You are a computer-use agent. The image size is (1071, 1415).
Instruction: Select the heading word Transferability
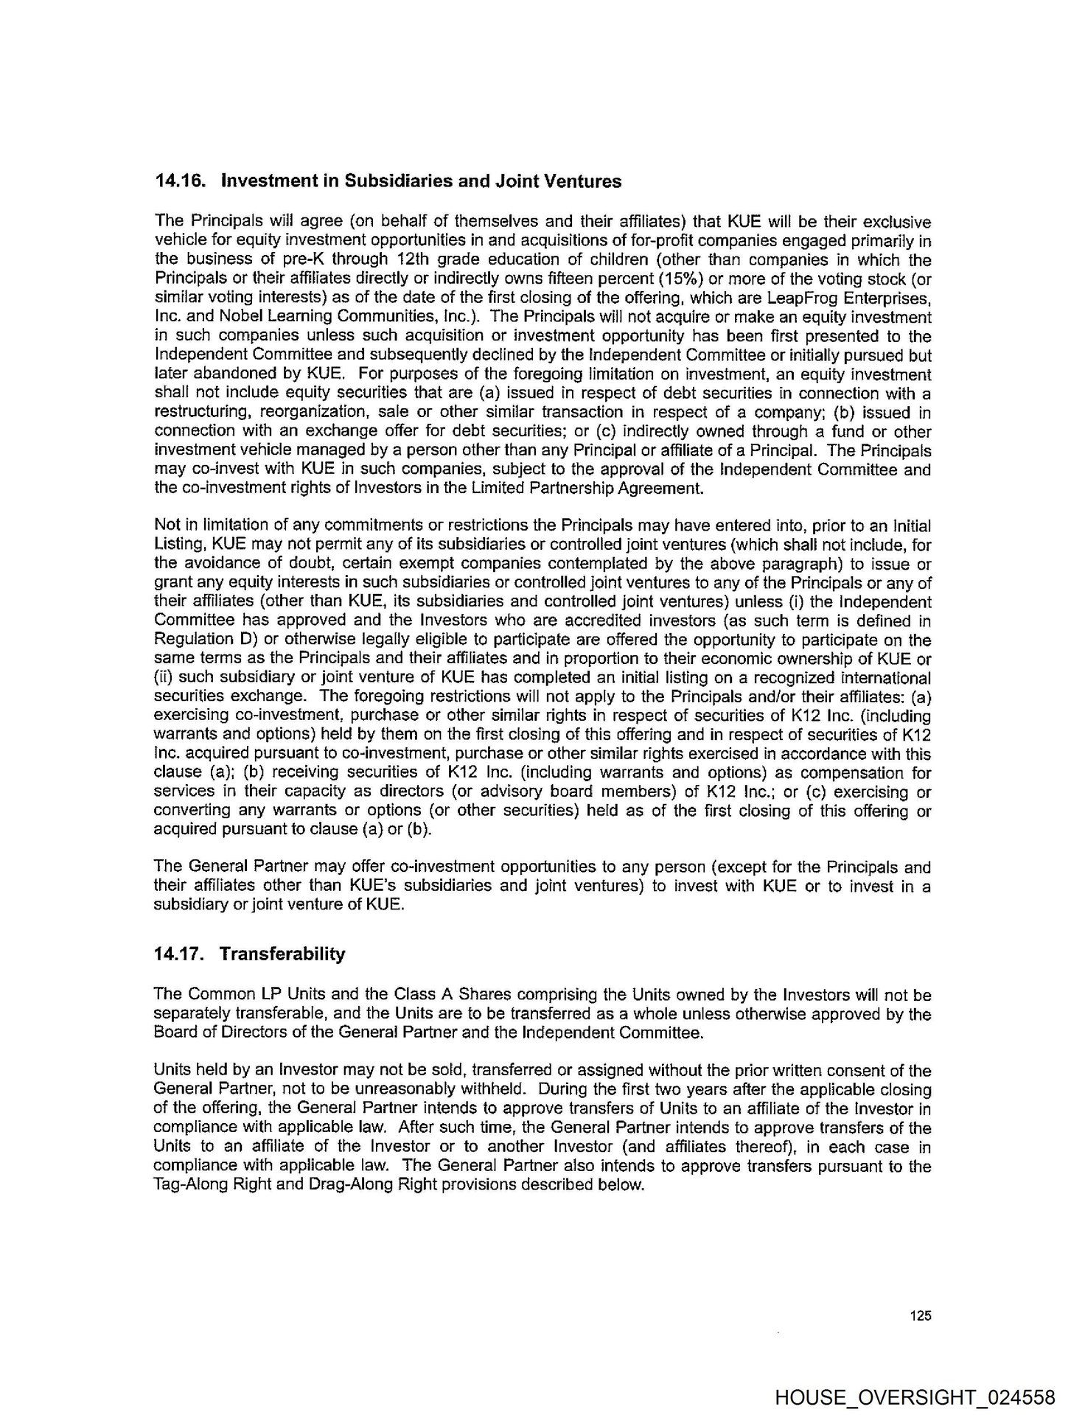(x=282, y=954)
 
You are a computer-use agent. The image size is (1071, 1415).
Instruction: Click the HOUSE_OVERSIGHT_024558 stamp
(x=915, y=1397)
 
